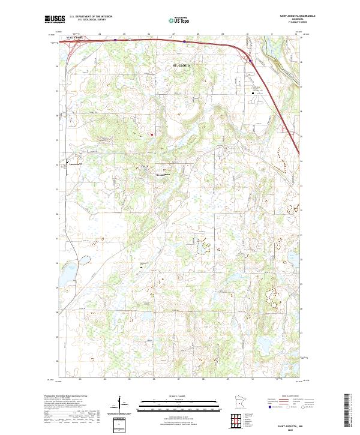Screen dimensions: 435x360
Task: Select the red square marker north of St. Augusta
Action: [152, 134]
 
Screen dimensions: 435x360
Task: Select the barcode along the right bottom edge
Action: [348, 410]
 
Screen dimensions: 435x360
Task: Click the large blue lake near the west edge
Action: [83, 260]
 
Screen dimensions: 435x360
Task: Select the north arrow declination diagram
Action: [120, 404]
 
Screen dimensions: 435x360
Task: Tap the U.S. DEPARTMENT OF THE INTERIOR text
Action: [91, 17]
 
